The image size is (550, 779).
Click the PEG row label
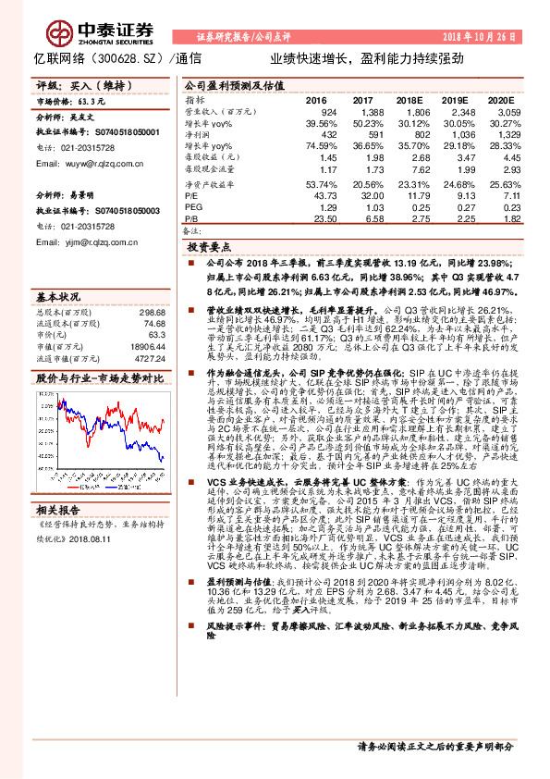[x=194, y=207]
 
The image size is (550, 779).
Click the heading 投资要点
[x=210, y=249]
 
